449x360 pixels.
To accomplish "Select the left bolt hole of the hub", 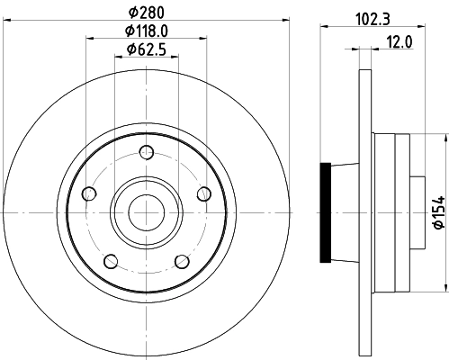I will click(x=88, y=193).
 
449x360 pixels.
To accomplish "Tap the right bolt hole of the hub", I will click(x=203, y=193).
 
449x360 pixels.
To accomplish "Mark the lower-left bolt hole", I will click(x=110, y=261).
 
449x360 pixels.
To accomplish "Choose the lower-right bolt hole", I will click(x=182, y=261).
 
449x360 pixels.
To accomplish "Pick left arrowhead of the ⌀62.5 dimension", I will click(x=119, y=57).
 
